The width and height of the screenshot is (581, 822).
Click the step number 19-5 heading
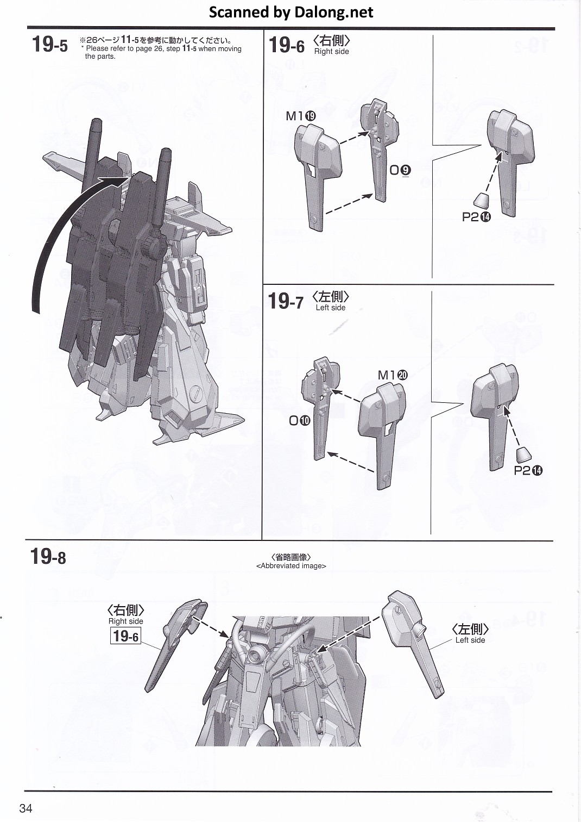50,45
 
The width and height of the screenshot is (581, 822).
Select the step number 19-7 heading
286,301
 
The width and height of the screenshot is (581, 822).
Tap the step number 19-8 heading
48,556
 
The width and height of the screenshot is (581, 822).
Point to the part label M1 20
393,375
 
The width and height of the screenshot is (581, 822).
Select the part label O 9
400,170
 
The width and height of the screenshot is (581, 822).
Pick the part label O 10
300,421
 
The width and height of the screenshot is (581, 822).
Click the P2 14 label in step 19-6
476,217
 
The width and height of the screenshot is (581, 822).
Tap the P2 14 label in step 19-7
528,470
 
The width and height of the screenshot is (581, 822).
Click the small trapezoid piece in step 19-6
482,200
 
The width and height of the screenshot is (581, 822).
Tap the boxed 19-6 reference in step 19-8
126,636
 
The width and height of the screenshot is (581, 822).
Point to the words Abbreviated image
291,566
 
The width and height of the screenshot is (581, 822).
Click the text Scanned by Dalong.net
291,13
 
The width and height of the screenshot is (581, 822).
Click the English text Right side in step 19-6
331,51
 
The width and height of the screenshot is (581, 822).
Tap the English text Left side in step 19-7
330,308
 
